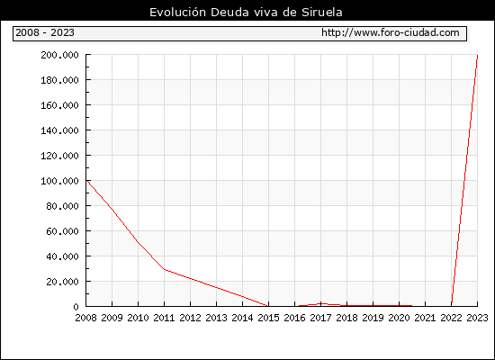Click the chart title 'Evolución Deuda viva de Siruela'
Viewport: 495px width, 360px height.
point(246,13)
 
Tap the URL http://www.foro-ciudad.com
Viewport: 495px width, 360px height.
point(391,32)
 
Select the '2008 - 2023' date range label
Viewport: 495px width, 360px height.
point(45,32)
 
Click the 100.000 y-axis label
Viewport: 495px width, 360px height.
point(59,181)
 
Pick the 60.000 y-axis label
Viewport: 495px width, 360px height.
point(62,231)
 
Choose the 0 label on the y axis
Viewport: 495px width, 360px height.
point(76,307)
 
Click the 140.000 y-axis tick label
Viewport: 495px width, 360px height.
point(59,130)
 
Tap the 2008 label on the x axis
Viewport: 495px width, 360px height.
point(85,318)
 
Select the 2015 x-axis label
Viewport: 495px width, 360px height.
point(269,318)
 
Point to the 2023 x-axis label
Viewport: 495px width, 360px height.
point(477,318)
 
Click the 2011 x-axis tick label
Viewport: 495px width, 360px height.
point(164,318)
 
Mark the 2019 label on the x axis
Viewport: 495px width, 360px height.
point(373,318)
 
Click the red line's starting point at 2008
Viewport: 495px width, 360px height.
point(86,180)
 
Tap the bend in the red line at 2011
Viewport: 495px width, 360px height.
point(164,269)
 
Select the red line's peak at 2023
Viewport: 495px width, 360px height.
point(477,56)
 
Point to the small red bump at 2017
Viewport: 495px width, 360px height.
point(321,304)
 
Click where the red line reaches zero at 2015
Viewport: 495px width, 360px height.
point(268,306)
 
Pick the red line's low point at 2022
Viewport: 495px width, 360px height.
point(452,304)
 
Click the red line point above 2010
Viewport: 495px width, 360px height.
point(138,242)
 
